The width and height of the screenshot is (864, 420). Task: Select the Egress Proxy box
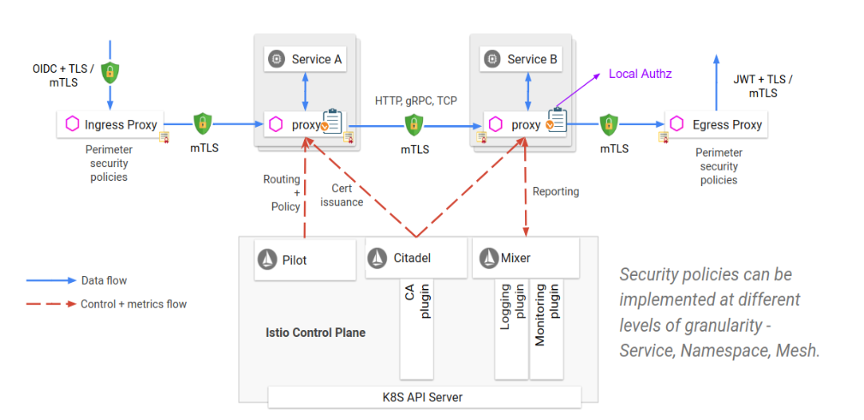(x=717, y=124)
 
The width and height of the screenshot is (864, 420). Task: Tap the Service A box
(x=306, y=59)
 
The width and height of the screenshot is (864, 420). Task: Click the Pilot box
(x=306, y=258)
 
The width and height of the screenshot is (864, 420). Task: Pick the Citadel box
(x=416, y=258)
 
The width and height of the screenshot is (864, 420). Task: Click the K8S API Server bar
(x=424, y=397)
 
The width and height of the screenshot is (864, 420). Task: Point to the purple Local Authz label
(x=640, y=74)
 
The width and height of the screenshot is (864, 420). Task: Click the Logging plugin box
(x=512, y=326)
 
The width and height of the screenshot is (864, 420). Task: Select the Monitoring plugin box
(x=546, y=326)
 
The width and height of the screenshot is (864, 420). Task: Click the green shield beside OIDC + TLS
(x=109, y=72)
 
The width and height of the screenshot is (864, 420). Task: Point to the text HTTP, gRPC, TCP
(x=416, y=100)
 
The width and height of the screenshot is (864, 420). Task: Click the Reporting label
(x=556, y=191)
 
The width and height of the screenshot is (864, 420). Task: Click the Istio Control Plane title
(x=316, y=332)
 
